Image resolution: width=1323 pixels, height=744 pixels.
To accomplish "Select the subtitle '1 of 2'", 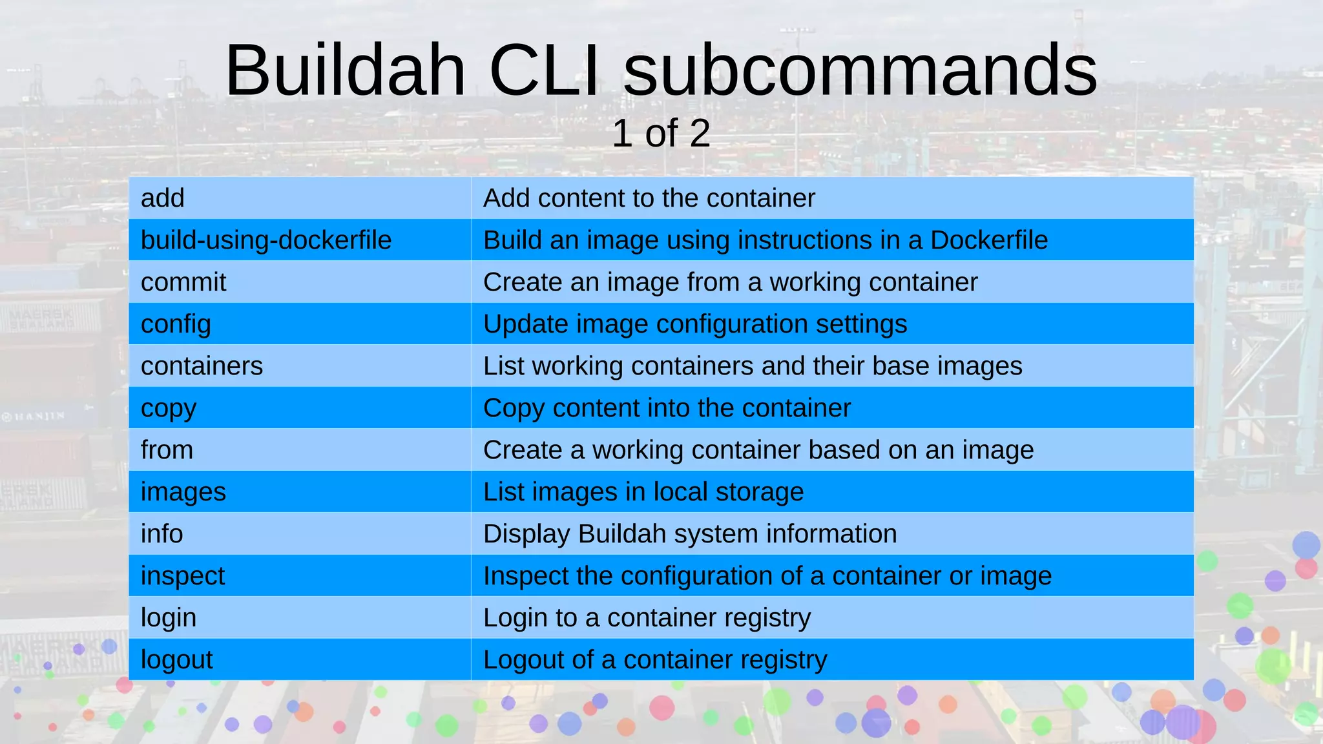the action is click(x=661, y=133).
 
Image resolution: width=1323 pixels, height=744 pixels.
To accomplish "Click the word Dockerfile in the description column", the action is click(x=988, y=240).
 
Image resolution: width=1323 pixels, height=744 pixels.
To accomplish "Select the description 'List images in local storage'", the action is click(x=643, y=492).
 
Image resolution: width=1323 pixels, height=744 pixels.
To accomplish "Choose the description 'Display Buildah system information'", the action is click(x=690, y=534).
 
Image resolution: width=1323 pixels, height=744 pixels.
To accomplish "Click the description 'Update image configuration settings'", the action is click(x=695, y=324).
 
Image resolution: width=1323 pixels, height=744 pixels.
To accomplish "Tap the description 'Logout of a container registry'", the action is click(x=655, y=660).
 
